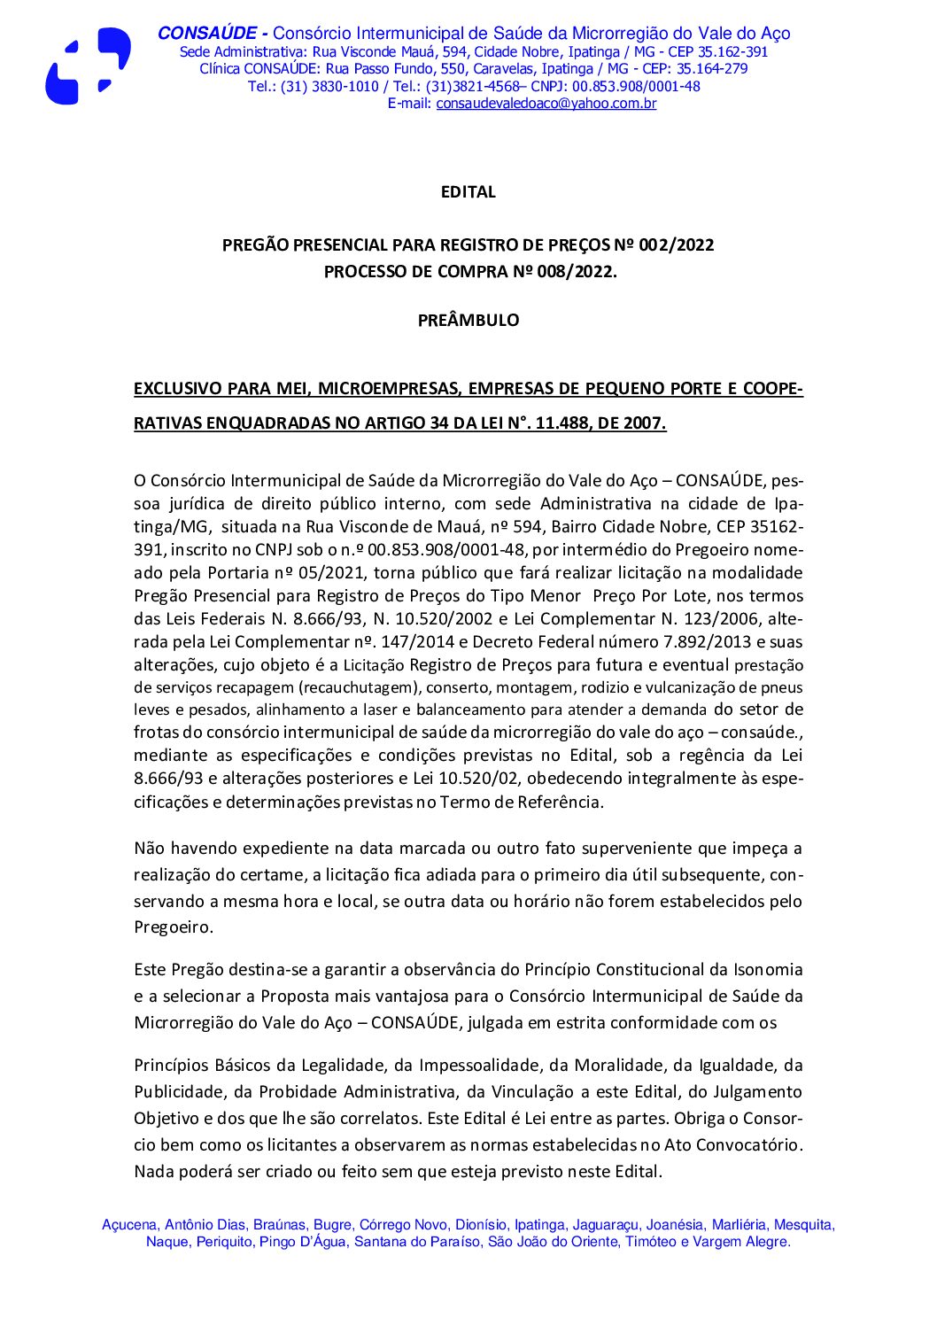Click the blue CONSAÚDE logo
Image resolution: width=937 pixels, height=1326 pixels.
pyautogui.click(x=88, y=66)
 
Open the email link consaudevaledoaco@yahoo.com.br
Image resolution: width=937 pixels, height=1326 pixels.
pyautogui.click(x=546, y=104)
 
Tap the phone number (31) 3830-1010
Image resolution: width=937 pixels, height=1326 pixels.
pyautogui.click(x=329, y=87)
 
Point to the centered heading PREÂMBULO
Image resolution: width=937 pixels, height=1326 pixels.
pyautogui.click(x=468, y=321)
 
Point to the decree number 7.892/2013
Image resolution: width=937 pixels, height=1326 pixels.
pyautogui.click(x=677, y=642)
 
